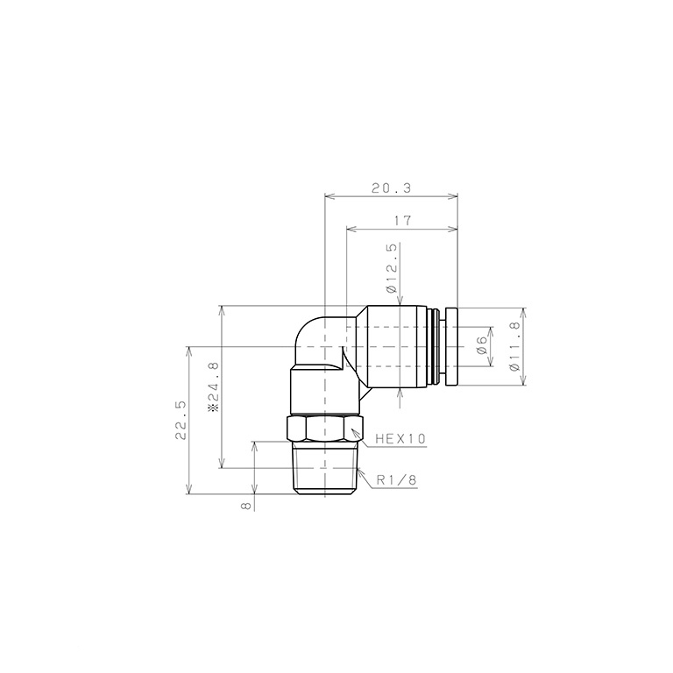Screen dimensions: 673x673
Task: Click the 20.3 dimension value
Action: tap(391, 188)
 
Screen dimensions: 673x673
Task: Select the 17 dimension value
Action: tap(402, 222)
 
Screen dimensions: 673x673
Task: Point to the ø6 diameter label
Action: tap(481, 345)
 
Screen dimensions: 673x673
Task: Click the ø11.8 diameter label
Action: tap(514, 346)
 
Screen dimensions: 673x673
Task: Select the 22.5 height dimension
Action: tap(181, 419)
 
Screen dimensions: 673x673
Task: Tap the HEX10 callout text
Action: tap(400, 438)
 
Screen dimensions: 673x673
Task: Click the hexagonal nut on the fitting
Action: tap(325, 429)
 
